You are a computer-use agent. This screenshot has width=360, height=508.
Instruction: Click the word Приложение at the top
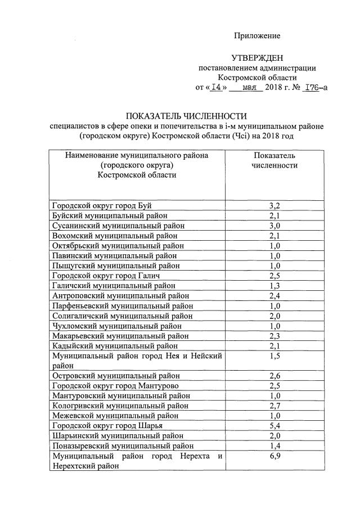click(x=257, y=36)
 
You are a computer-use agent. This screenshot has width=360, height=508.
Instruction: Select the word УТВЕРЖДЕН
click(x=257, y=58)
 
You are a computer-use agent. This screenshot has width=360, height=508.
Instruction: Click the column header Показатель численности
click(x=274, y=160)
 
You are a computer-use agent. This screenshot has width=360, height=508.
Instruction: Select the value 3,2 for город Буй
click(x=274, y=205)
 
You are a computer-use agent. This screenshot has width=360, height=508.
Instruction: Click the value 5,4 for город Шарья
click(x=274, y=425)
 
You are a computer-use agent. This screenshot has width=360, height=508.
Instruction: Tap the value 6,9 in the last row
click(x=274, y=456)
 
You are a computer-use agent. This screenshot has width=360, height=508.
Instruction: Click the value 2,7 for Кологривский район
click(x=274, y=405)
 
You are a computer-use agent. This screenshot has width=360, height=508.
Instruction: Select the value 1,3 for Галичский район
click(x=274, y=286)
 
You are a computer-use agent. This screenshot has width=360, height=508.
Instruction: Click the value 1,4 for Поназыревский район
click(x=274, y=446)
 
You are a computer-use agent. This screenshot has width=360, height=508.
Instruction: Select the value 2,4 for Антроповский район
click(x=274, y=296)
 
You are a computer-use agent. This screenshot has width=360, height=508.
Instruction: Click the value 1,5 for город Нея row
click(x=274, y=356)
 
